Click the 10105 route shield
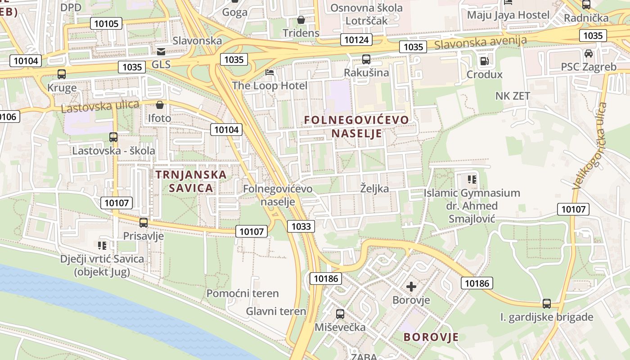(106, 23)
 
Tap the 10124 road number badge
(355, 40)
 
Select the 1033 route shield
(301, 226)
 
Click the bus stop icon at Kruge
(62, 74)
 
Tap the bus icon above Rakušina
(366, 59)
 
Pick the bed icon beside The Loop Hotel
(270, 72)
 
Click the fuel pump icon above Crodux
(484, 61)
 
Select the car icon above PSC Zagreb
(588, 54)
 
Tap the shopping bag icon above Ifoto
(159, 105)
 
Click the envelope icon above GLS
(161, 51)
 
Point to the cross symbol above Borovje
(411, 286)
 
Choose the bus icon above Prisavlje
(144, 222)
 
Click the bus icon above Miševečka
(340, 314)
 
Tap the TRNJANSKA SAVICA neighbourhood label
(191, 181)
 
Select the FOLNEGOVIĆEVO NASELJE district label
(356, 126)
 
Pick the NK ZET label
(513, 96)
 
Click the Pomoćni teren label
(243, 293)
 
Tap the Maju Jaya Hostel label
(508, 15)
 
